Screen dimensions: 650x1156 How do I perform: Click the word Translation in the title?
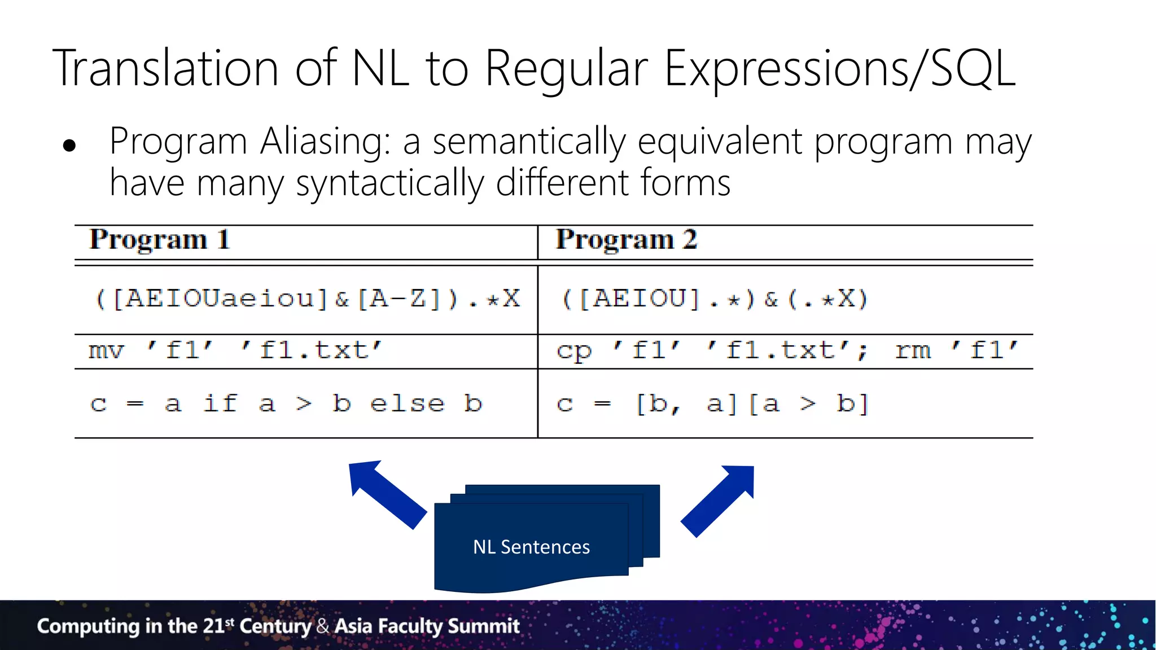(x=166, y=68)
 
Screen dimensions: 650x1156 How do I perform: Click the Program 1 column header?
(x=159, y=240)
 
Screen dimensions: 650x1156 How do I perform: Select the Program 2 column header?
(x=626, y=240)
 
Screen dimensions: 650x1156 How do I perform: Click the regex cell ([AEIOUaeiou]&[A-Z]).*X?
(x=307, y=298)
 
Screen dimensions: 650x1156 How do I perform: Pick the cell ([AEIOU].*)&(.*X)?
(x=714, y=298)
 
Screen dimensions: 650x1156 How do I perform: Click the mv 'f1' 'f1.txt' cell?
(x=235, y=350)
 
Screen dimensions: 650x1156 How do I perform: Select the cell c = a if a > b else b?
(x=286, y=404)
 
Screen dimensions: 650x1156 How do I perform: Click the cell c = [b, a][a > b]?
(x=712, y=404)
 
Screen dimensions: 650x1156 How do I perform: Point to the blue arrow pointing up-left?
(x=384, y=493)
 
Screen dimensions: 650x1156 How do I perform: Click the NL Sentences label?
(x=531, y=547)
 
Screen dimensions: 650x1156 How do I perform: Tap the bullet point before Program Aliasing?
(x=69, y=146)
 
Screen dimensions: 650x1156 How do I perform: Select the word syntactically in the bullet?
(x=389, y=184)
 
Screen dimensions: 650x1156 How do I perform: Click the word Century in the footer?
(x=275, y=626)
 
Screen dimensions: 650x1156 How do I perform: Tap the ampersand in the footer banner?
(x=322, y=626)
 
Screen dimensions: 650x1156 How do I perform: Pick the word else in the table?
(x=407, y=404)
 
